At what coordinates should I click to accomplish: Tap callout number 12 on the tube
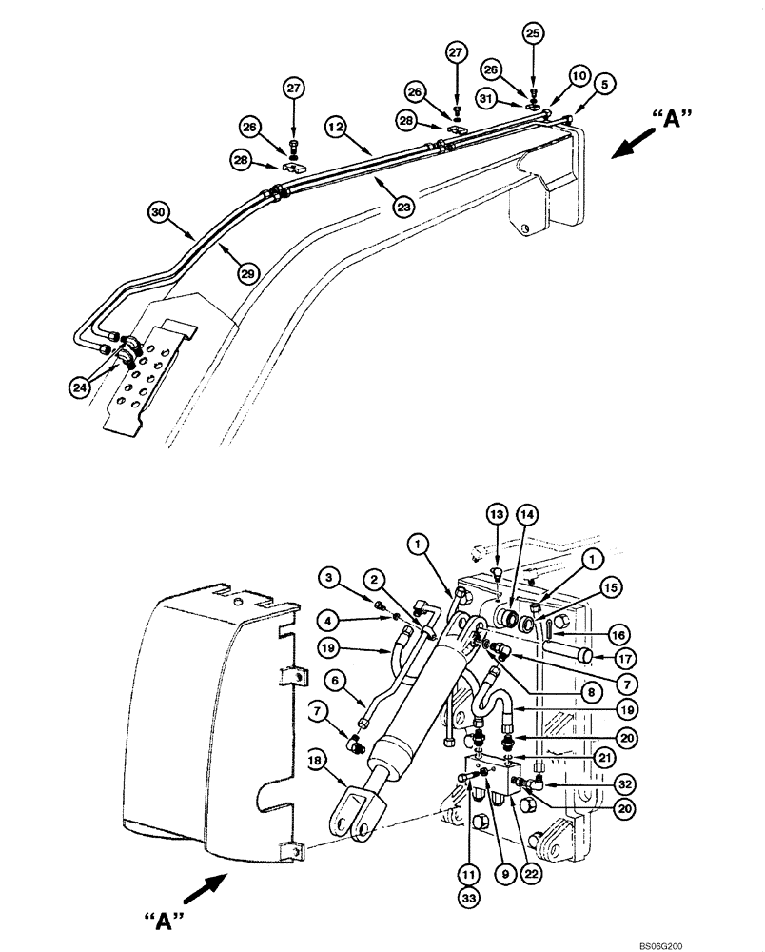tap(335, 125)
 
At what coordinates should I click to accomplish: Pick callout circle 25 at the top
tap(532, 32)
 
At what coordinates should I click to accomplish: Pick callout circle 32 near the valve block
tap(597, 783)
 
